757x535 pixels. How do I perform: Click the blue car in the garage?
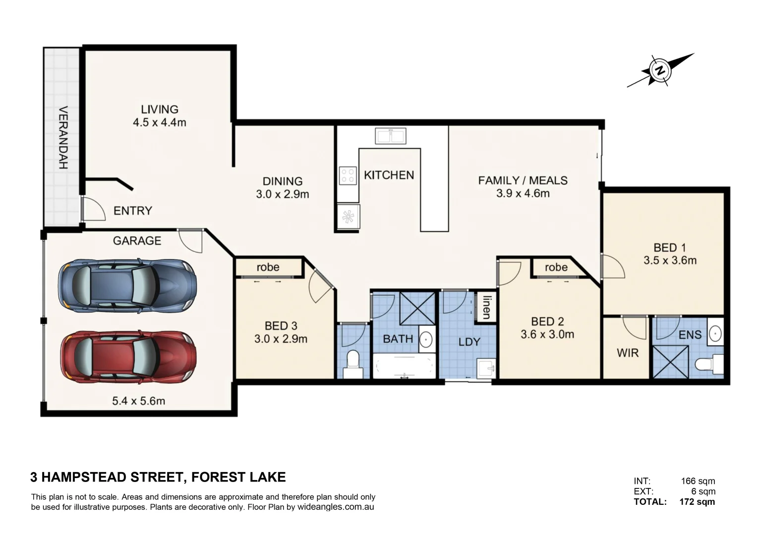pos(127,286)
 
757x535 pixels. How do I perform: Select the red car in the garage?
pos(128,357)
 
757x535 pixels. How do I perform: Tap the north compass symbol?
pos(660,70)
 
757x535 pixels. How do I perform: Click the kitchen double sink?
pos(390,135)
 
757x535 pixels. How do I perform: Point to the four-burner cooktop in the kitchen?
pos(348,175)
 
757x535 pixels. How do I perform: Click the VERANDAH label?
pos(63,138)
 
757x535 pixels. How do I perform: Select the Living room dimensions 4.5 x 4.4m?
pos(159,122)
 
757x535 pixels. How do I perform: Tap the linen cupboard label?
pos(486,307)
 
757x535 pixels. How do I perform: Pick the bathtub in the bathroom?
pos(404,367)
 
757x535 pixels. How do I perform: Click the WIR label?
pos(627,353)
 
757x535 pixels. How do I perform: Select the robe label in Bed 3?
pos(268,267)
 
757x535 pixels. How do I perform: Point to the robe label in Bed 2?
pos(556,267)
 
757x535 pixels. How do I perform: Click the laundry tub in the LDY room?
pos(486,368)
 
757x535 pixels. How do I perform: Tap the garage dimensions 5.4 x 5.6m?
pos(138,401)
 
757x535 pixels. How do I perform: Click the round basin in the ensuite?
pos(714,333)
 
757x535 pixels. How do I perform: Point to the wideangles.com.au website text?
pos(336,507)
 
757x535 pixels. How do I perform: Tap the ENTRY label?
pos(132,211)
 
